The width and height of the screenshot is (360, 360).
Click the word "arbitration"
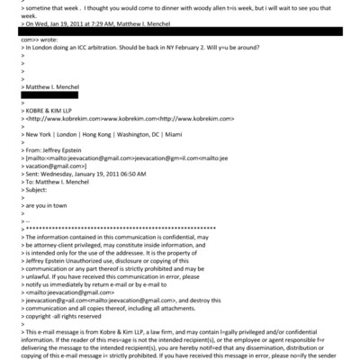tap(112, 48)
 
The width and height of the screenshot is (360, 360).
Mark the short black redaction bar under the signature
tap(43, 93)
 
